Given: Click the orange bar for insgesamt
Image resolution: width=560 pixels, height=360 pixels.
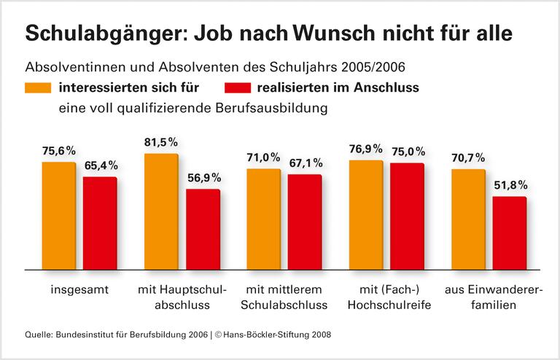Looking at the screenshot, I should tap(58, 216).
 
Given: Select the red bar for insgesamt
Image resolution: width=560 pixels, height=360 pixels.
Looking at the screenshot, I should tap(100, 223).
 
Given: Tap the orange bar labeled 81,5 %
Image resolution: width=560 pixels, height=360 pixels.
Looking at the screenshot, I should tap(161, 211).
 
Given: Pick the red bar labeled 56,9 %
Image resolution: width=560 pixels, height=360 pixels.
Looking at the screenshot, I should tap(203, 230).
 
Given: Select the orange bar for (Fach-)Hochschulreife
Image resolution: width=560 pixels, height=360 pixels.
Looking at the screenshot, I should tap(366, 215).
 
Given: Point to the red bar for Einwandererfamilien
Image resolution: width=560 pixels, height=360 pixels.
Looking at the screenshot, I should tap(510, 233).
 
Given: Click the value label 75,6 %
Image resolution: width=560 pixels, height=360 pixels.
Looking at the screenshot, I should tap(60, 151).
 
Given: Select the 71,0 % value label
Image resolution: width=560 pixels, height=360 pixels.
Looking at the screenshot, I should tap(265, 157).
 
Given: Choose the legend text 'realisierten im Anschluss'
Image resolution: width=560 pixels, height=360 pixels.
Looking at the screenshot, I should tap(338, 88).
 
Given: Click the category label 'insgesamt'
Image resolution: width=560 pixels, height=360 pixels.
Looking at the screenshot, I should tap(79, 289).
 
